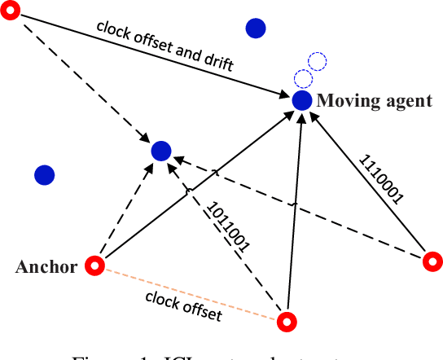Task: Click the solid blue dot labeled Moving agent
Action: point(302,100)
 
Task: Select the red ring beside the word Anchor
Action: point(96,266)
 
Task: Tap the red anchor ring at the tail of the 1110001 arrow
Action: point(432,261)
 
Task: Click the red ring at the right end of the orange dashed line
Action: point(285,322)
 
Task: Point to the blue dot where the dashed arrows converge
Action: point(161,150)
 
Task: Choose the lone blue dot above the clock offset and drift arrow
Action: point(257,29)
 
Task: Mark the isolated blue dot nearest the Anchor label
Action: point(44,174)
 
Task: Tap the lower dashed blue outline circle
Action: point(303,79)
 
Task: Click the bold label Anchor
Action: point(46,266)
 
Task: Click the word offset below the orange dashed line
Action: point(200,310)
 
